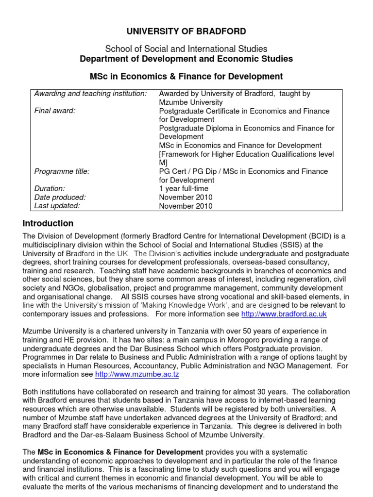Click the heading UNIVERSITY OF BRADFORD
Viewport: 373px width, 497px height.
(x=186, y=32)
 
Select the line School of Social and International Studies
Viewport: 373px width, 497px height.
(x=186, y=49)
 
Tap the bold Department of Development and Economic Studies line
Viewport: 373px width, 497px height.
(x=186, y=59)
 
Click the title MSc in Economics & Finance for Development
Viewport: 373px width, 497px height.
(x=186, y=77)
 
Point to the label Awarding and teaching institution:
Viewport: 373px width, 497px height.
(x=90, y=93)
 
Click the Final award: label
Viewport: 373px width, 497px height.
(x=54, y=111)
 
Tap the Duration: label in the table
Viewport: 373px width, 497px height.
(x=49, y=188)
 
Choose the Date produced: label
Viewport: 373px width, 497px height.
(x=60, y=197)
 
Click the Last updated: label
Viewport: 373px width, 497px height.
(x=57, y=206)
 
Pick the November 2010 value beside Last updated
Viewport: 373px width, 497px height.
(x=186, y=206)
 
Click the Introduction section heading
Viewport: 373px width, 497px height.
(x=48, y=224)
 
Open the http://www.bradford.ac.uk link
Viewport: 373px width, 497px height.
(x=288, y=314)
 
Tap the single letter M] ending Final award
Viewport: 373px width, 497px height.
(x=163, y=163)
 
